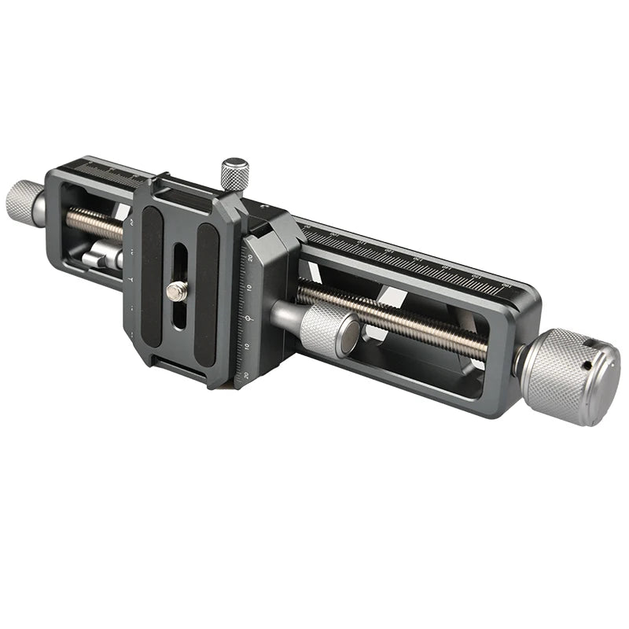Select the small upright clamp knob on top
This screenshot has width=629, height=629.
point(234,173)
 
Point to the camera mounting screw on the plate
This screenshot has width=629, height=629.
point(178,291)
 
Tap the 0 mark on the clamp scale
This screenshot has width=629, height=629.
point(248,318)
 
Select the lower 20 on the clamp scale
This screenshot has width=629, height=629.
point(246,375)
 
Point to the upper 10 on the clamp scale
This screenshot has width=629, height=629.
point(248,289)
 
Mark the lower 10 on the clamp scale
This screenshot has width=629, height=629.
point(248,347)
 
